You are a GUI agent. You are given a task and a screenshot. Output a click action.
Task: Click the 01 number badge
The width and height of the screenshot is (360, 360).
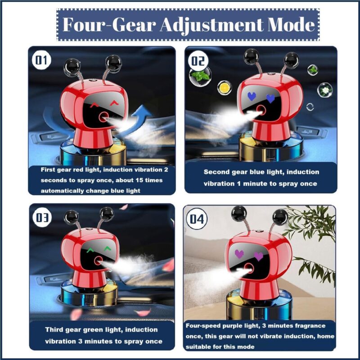[x=41, y=60]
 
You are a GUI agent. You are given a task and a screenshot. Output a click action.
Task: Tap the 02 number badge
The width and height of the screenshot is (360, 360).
[x=198, y=61]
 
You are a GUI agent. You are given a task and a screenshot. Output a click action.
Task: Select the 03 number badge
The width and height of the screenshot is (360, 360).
[x=41, y=218]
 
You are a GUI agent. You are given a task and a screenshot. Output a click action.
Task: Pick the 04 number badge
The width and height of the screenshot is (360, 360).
[x=197, y=219]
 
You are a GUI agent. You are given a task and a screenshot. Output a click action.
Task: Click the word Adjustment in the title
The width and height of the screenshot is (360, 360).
[x=211, y=25]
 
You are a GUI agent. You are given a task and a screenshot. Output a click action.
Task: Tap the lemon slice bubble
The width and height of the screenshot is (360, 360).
[x=224, y=87]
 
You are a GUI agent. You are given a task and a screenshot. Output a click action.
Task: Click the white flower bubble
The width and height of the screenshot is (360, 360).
[x=325, y=90]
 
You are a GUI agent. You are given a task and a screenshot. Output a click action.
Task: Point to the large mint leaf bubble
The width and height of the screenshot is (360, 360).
[x=200, y=76]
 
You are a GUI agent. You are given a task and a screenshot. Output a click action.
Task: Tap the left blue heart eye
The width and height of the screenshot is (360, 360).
[x=252, y=96]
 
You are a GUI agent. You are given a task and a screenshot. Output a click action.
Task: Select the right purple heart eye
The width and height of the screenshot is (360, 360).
[x=259, y=256]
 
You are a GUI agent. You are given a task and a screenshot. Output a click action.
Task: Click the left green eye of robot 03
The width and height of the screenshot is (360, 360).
[x=90, y=250]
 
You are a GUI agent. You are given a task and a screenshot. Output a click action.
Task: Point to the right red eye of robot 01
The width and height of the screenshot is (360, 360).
[x=114, y=103]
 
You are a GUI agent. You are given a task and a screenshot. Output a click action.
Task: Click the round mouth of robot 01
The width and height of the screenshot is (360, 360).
[x=103, y=117]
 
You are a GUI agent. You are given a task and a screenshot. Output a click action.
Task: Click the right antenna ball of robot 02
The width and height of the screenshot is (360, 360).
[x=292, y=60]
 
